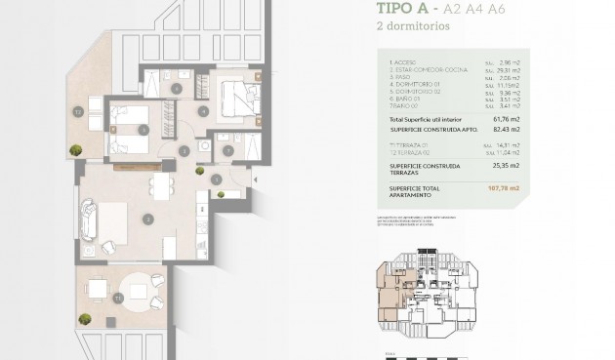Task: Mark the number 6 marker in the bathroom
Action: (x=177, y=89)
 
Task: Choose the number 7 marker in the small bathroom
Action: (x=226, y=149)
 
